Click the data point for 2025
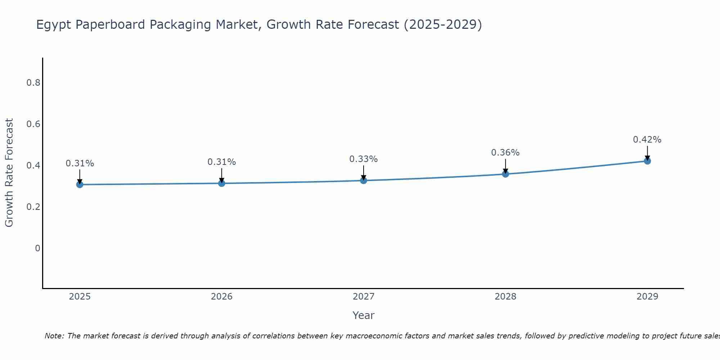(80, 184)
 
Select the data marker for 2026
(221, 183)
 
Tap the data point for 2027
(363, 180)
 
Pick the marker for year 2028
(505, 174)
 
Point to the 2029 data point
(647, 161)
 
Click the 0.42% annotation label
(647, 140)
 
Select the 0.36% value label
(505, 153)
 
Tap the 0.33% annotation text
(363, 159)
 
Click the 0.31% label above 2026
(221, 162)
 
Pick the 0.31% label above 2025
(80, 163)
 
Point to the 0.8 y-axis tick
(33, 83)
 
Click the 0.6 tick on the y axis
(33, 124)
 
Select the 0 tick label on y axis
(37, 248)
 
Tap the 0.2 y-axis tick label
(33, 207)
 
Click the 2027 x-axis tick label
(363, 297)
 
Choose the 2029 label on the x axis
(647, 297)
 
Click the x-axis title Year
(363, 315)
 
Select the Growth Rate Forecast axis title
(9, 173)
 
